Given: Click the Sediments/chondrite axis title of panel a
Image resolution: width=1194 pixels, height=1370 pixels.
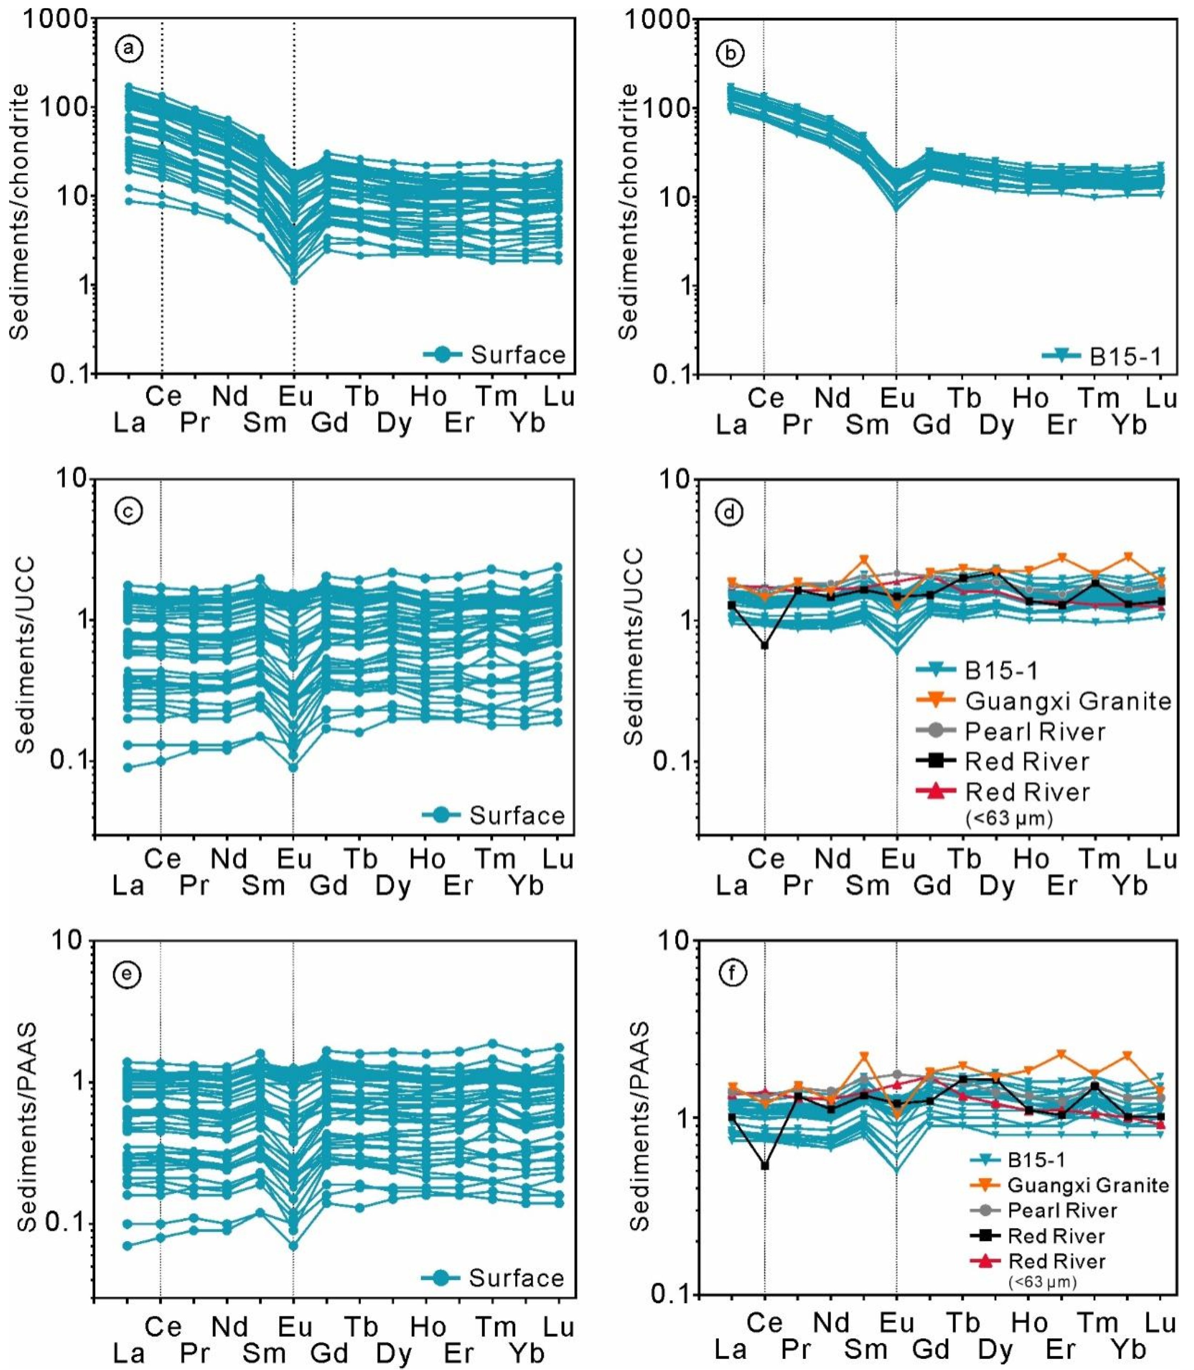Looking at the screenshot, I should tap(20, 212).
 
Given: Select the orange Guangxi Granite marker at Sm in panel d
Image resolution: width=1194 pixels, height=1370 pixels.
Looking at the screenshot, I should tap(864, 560).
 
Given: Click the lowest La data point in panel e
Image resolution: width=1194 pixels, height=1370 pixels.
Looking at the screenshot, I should tap(127, 1245).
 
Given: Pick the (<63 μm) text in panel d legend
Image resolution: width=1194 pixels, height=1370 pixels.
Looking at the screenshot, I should tap(1009, 818).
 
